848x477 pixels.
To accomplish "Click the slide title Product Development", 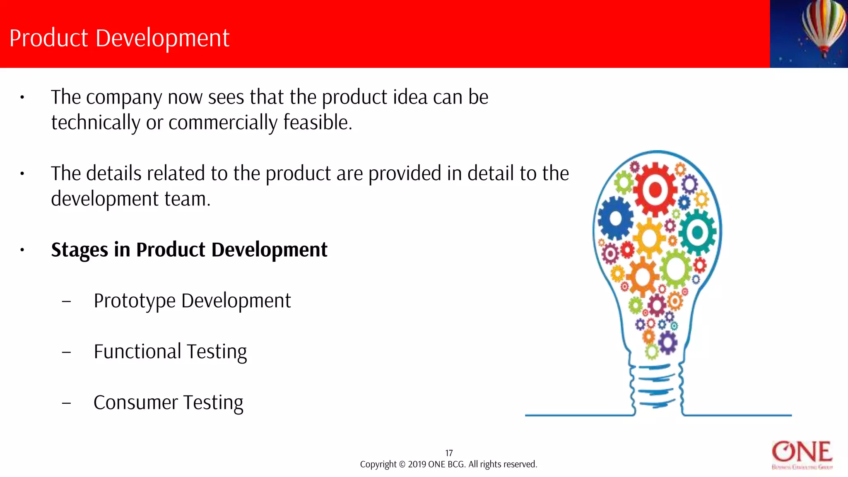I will [119, 38].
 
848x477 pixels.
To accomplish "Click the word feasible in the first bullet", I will [317, 123].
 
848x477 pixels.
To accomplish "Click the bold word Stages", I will [79, 250].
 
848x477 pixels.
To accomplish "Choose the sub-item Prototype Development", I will [192, 301].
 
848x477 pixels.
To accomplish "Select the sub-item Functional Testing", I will [170, 352].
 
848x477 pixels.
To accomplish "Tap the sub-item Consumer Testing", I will [168, 402].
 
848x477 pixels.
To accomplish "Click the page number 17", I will [449, 453].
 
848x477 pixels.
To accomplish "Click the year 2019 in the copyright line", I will [417, 465].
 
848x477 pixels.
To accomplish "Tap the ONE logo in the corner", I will [802, 454].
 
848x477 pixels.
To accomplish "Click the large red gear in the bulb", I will [655, 190].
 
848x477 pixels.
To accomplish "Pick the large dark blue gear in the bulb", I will [615, 218].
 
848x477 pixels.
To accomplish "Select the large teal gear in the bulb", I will [697, 232].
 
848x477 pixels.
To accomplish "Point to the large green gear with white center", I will [676, 268].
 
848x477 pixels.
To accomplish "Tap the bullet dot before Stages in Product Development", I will [22, 250].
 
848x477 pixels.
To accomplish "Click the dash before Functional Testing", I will [66, 352].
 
